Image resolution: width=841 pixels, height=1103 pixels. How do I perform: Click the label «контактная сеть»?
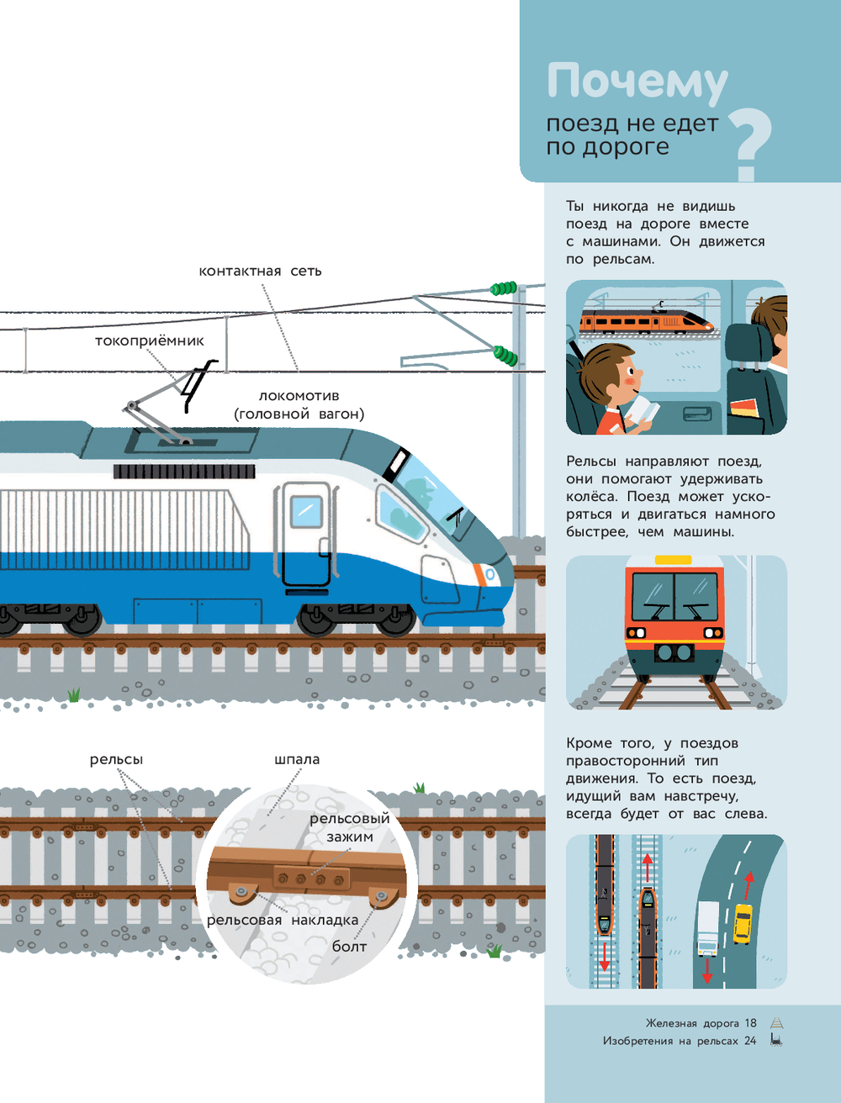pyautogui.click(x=260, y=271)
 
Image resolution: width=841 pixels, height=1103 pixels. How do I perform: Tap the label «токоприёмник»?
pyautogui.click(x=150, y=340)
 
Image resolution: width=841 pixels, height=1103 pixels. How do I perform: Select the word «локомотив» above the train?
pyautogui.click(x=299, y=395)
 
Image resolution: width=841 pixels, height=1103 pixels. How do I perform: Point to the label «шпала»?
pyautogui.click(x=297, y=759)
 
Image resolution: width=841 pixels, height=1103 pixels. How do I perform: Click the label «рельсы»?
pyautogui.click(x=116, y=759)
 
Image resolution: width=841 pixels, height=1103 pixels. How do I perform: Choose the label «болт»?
pyautogui.click(x=349, y=947)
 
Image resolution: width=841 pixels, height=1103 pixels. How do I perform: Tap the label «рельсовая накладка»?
pyautogui.click(x=283, y=920)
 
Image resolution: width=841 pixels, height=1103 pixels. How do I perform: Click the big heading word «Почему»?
pyautogui.click(x=637, y=82)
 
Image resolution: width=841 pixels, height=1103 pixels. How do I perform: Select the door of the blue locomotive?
pyautogui.click(x=306, y=535)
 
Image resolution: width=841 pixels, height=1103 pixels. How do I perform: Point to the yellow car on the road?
pyautogui.click(x=743, y=923)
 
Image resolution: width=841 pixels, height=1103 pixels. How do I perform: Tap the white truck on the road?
pyautogui.click(x=708, y=928)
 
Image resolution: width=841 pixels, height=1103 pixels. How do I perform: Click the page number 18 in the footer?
pyautogui.click(x=750, y=1023)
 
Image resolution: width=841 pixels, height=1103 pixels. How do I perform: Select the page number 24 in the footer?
pyautogui.click(x=750, y=1041)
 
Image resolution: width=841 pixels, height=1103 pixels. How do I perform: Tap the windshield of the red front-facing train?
pyautogui.click(x=674, y=594)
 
